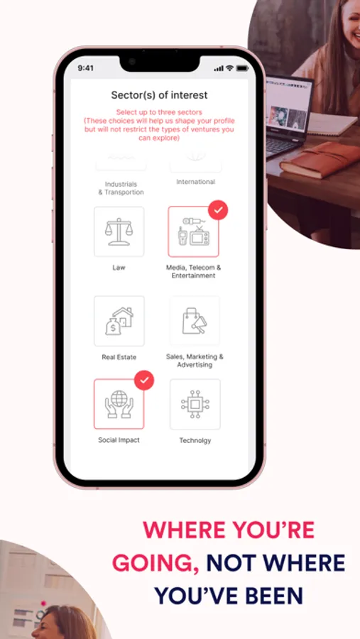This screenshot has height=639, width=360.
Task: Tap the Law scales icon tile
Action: click(x=119, y=231)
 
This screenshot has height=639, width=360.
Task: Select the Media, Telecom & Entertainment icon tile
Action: click(x=193, y=231)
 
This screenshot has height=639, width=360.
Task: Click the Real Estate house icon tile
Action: click(x=119, y=321)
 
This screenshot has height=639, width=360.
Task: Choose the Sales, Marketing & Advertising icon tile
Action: click(x=195, y=321)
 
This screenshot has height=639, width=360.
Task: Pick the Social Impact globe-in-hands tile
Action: click(x=119, y=404)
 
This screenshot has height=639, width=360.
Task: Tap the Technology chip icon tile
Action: click(x=195, y=404)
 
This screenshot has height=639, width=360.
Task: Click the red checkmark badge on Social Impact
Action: click(x=144, y=381)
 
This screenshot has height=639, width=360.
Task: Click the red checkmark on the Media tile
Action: click(x=218, y=210)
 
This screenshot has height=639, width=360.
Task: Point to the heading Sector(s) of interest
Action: click(x=160, y=95)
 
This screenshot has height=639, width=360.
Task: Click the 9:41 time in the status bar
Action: click(x=86, y=68)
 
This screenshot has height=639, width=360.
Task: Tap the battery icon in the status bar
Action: click(x=242, y=68)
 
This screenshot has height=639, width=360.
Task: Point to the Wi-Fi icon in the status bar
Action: click(x=229, y=68)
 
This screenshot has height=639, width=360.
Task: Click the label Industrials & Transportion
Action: click(x=121, y=188)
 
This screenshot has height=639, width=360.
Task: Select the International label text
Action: click(x=196, y=182)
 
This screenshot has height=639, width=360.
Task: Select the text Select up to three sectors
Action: click(x=159, y=112)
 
